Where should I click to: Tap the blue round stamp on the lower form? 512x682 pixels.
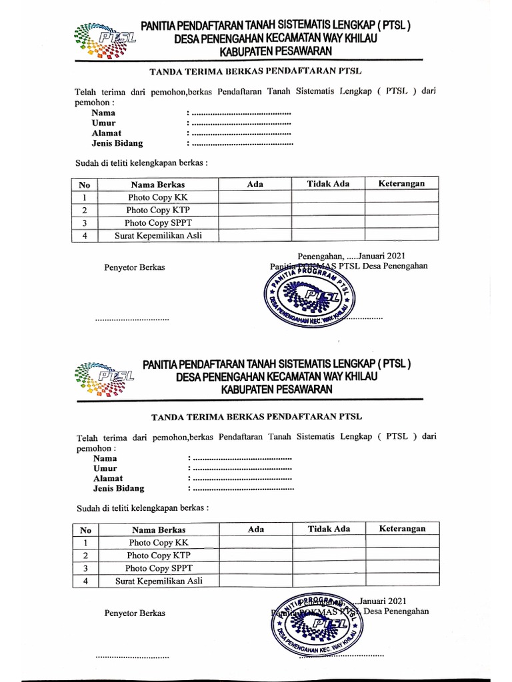pos(317,622)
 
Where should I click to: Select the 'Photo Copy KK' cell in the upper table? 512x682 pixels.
pos(158,197)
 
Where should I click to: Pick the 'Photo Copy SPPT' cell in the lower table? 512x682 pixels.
pos(159,568)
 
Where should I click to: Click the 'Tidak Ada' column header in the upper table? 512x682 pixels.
pos(328,184)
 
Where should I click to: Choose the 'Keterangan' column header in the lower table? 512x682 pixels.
pos(402,529)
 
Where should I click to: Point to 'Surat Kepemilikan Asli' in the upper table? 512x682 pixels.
pos(158,235)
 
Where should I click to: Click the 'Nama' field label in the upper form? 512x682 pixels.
pos(103,113)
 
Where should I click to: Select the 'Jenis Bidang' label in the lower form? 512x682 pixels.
pos(119,488)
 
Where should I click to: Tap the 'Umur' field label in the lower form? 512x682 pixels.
pos(105,468)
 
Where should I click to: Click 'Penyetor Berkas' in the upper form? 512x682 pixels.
pos(134,268)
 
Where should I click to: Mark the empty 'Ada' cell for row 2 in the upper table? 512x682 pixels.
pos(255,210)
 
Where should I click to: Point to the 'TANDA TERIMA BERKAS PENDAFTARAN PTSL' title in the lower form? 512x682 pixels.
pos(257,417)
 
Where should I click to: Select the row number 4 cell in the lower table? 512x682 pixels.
pos(85,581)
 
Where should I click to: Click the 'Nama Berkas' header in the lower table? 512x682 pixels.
pos(159,529)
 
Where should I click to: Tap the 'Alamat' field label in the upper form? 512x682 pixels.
pos(107,133)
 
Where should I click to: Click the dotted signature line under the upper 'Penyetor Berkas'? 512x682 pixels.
pos(132,319)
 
